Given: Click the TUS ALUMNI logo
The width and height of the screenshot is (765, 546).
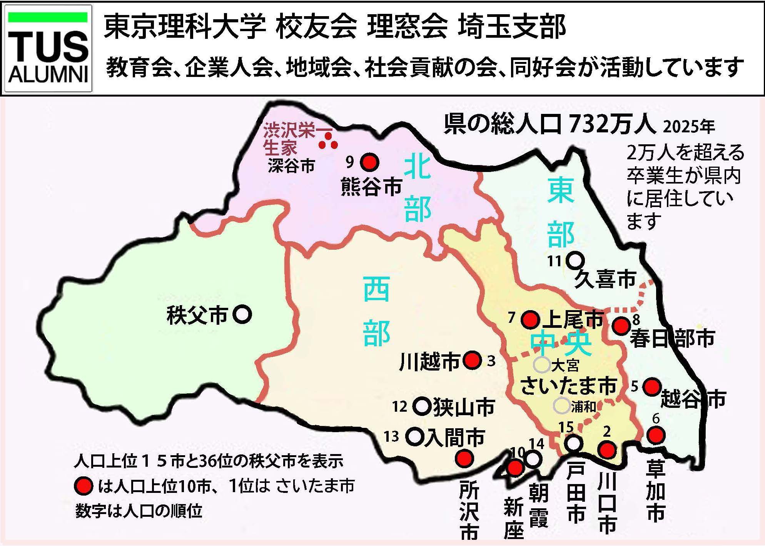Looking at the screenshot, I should pyautogui.click(x=48, y=48).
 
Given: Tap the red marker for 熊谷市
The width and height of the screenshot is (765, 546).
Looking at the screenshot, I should pyautogui.click(x=369, y=162).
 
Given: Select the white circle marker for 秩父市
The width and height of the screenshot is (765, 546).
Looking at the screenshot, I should pyautogui.click(x=242, y=314).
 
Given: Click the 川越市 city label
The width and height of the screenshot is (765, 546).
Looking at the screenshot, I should pyautogui.click(x=429, y=362).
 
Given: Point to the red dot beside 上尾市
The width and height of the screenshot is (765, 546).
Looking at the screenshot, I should pyautogui.click(x=530, y=319).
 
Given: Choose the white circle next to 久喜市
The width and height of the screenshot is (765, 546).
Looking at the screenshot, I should pyautogui.click(x=575, y=260).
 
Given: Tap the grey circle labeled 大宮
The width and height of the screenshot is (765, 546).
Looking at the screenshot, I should pyautogui.click(x=541, y=364).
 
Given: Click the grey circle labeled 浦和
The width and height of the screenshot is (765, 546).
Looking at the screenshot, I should pyautogui.click(x=561, y=405).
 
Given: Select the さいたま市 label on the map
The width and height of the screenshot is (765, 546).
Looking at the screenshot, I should pyautogui.click(x=568, y=386).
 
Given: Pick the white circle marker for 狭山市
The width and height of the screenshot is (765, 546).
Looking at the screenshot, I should pyautogui.click(x=422, y=406).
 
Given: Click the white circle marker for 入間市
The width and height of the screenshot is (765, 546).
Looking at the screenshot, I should pyautogui.click(x=414, y=436).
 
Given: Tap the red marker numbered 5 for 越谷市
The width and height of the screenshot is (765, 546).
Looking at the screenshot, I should pyautogui.click(x=652, y=386).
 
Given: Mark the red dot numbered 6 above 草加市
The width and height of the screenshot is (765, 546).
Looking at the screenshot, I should pyautogui.click(x=656, y=435).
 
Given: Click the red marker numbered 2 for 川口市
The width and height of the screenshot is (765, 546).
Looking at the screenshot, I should pyautogui.click(x=607, y=449).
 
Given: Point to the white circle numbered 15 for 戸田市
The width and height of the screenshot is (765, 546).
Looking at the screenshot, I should pyautogui.click(x=574, y=443).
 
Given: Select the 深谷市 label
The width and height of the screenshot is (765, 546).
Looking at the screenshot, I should pyautogui.click(x=291, y=166).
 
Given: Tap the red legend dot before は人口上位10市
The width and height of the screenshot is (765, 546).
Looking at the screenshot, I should pyautogui.click(x=83, y=486).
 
